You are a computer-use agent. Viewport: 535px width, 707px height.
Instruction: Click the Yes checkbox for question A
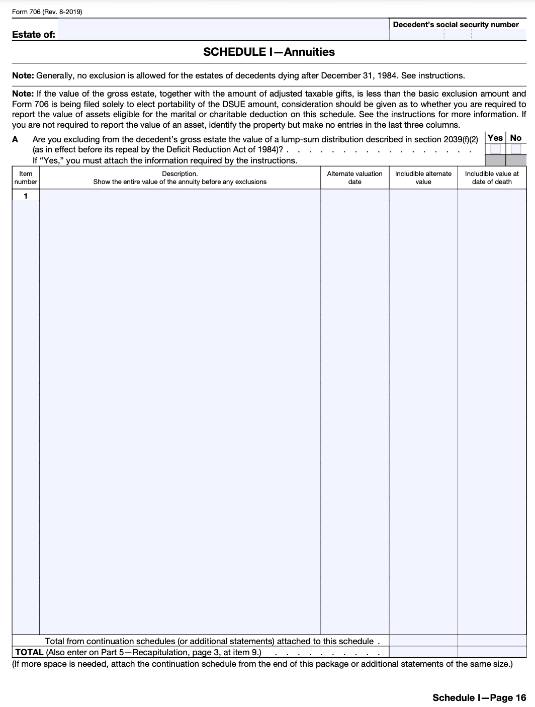click(x=495, y=149)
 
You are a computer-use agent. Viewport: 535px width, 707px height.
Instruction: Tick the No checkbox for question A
click(x=516, y=149)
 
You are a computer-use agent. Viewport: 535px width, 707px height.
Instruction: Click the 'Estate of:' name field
click(x=223, y=30)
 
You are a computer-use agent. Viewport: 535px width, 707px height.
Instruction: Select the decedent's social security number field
click(x=457, y=35)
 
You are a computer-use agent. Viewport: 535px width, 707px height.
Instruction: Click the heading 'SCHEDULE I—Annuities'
click(x=269, y=52)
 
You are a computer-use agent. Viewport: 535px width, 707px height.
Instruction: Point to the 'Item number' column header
click(x=26, y=178)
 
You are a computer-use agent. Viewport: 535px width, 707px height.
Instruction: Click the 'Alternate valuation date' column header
click(x=354, y=178)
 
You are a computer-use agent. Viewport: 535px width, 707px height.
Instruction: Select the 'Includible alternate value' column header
click(x=423, y=178)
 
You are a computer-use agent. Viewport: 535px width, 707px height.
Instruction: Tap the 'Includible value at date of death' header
click(x=492, y=178)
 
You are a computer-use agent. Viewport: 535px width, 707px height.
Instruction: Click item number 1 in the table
click(x=26, y=196)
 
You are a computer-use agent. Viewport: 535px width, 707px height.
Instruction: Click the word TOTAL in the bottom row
click(x=29, y=652)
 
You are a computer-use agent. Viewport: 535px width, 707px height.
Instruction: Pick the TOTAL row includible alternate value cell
click(x=423, y=652)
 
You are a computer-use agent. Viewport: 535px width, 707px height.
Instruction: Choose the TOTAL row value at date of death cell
click(x=492, y=652)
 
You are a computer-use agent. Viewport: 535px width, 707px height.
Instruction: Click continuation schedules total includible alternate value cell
click(x=423, y=641)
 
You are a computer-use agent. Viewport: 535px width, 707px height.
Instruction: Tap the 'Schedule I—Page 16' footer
click(x=479, y=697)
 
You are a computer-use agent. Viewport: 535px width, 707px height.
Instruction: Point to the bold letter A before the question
click(x=15, y=139)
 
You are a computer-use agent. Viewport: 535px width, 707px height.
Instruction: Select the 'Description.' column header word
click(x=180, y=174)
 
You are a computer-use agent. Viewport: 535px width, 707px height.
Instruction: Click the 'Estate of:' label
click(x=34, y=35)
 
